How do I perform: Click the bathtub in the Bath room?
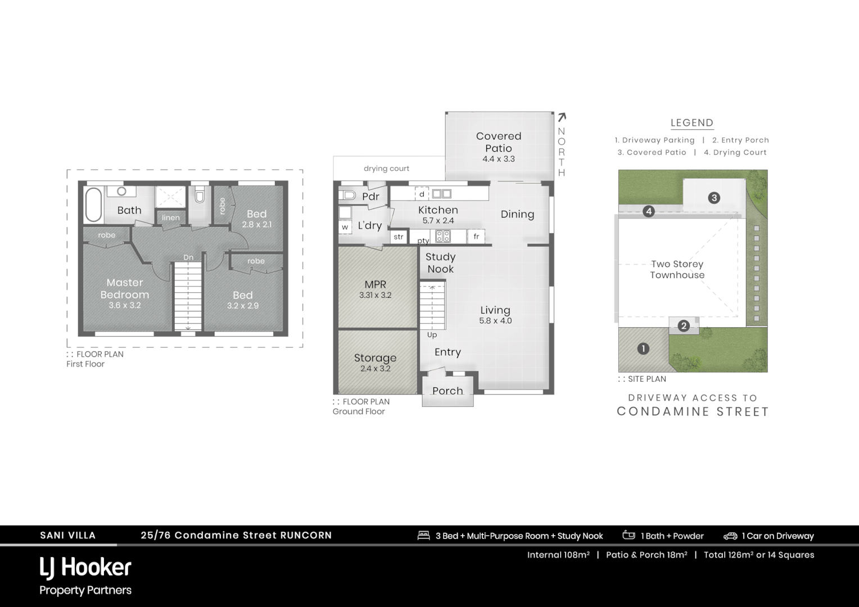click(x=93, y=205)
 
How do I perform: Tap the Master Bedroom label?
click(x=125, y=288)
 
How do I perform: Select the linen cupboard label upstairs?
click(x=171, y=218)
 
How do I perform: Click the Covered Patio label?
click(x=499, y=142)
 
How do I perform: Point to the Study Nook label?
click(x=441, y=262)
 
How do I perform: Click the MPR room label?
click(x=375, y=284)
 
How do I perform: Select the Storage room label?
click(x=375, y=358)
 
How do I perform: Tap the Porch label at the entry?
click(x=447, y=391)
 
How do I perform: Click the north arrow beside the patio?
click(x=561, y=117)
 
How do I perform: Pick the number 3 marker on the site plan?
click(x=714, y=198)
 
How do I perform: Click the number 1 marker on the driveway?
click(x=643, y=348)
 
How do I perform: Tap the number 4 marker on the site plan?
click(x=649, y=211)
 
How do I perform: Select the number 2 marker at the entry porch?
click(x=684, y=325)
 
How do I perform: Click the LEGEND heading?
click(x=692, y=123)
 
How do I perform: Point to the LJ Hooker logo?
click(x=85, y=568)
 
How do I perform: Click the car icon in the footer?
click(x=730, y=536)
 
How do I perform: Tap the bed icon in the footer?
click(x=424, y=536)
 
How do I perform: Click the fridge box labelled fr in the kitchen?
click(x=476, y=237)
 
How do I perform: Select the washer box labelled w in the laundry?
click(x=345, y=227)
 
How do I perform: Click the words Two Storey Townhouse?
click(x=677, y=269)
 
